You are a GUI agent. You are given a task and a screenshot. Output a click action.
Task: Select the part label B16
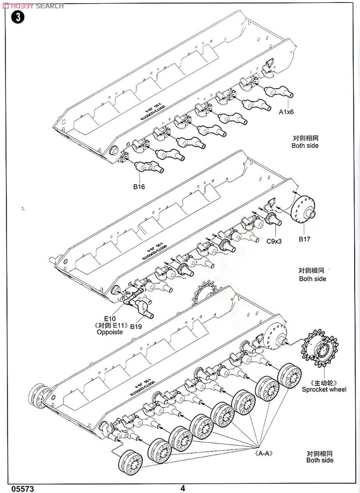(x=139, y=187)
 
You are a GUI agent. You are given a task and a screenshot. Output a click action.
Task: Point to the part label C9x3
(x=273, y=241)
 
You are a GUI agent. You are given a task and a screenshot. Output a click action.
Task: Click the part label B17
(x=305, y=239)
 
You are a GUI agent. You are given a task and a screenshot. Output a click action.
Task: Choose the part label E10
(x=110, y=318)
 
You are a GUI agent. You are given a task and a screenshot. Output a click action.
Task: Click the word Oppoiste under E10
(x=110, y=332)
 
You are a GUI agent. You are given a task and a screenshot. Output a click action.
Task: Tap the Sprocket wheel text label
(x=324, y=389)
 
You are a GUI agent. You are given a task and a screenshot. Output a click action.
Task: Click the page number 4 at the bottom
(x=182, y=488)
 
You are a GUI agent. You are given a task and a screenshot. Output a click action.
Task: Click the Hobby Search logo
(x=32, y=6)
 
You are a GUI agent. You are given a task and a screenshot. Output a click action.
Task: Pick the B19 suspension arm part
(x=144, y=309)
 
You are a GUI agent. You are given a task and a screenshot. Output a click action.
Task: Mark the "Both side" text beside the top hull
(x=305, y=145)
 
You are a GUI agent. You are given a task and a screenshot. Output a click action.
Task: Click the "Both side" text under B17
(x=312, y=279)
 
